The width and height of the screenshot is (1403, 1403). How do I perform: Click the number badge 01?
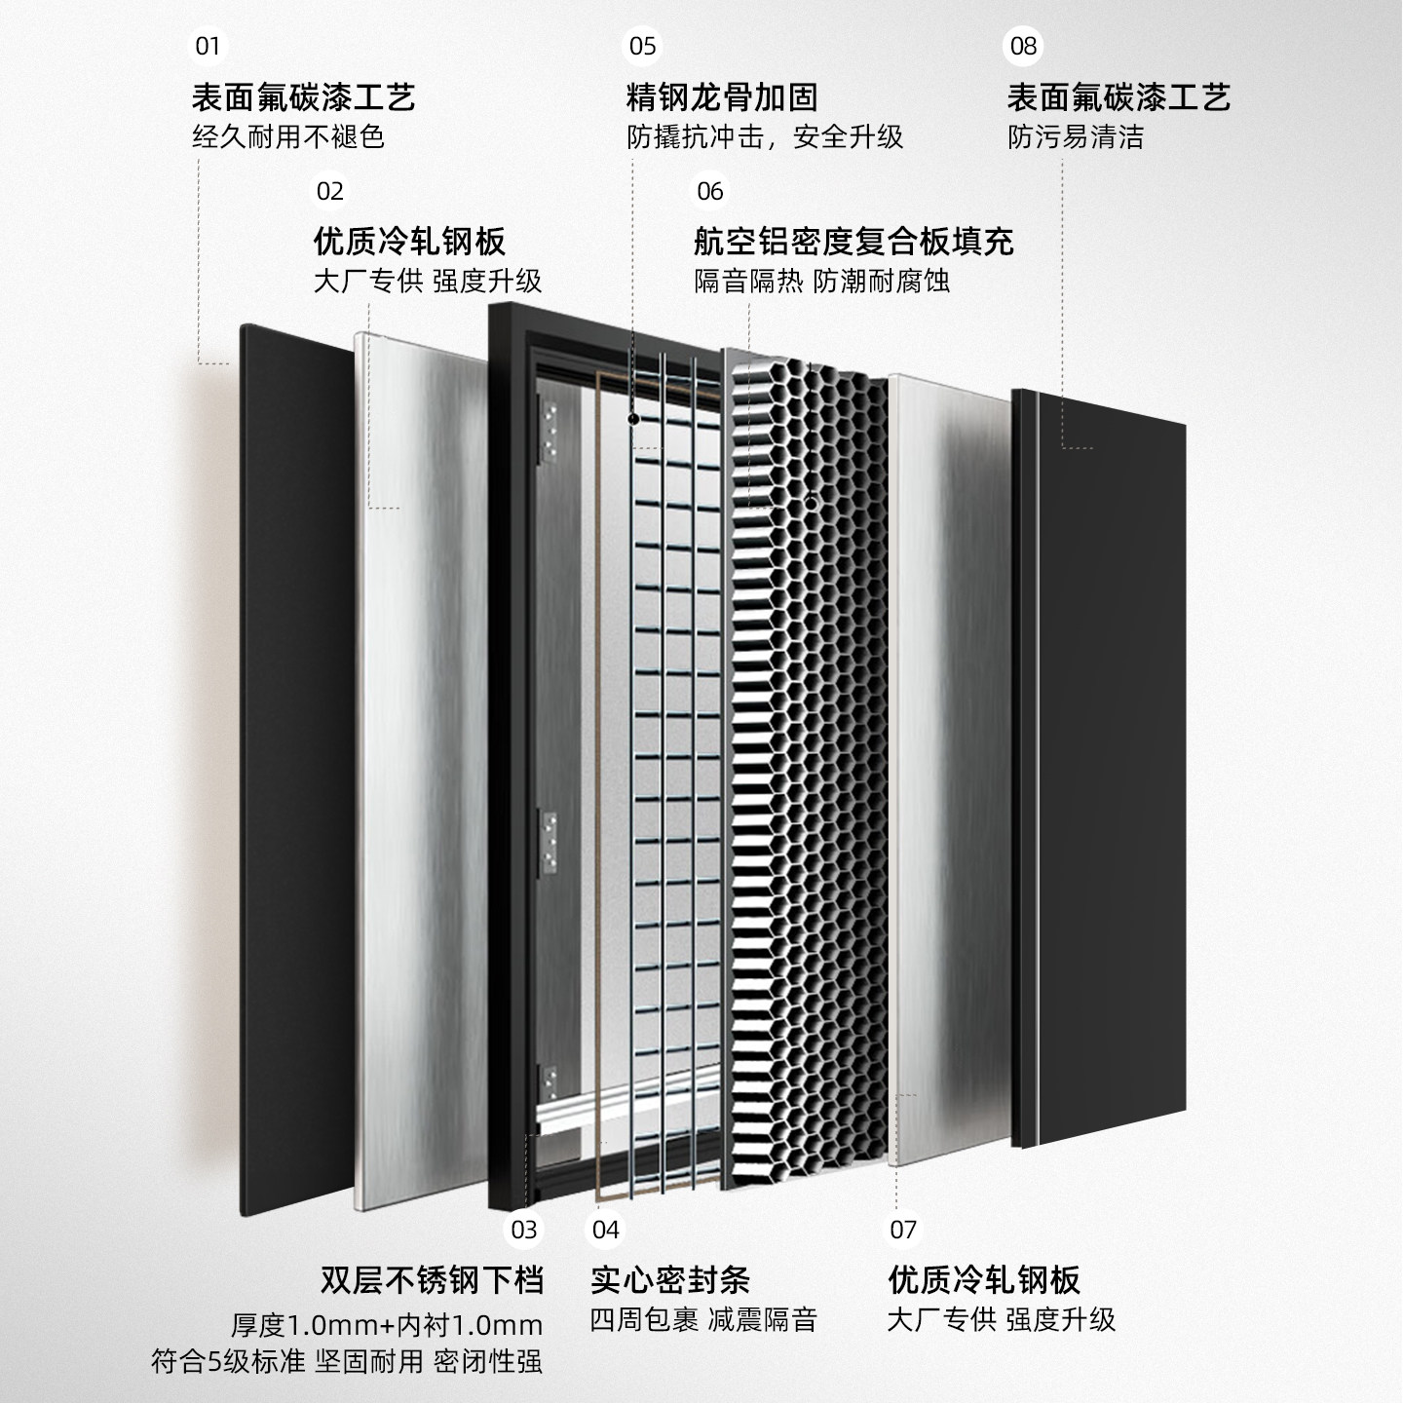pos(208,46)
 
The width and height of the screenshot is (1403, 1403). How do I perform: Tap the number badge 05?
pos(643,46)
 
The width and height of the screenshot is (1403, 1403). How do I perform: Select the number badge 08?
pos(1024,46)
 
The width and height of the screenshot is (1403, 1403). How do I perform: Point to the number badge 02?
pos(330,191)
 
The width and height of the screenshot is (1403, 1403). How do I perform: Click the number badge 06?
pos(710,191)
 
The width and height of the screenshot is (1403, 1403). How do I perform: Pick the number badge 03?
pos(524,1230)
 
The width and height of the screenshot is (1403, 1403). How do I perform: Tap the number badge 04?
pos(606,1230)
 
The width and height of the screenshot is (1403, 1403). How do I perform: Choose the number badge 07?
pos(903,1230)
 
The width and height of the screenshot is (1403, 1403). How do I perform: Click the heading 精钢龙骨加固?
pos(722,97)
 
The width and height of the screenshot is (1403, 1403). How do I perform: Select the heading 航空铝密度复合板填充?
pos(853,241)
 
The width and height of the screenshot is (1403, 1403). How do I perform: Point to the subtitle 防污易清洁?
pos(1076,137)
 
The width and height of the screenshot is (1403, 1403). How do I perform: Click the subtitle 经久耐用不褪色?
pos(288,137)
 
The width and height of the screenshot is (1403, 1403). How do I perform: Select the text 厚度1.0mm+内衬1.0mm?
pos(387,1325)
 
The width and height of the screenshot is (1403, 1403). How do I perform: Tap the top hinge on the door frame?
pos(549,428)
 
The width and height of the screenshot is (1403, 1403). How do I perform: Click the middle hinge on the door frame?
pos(549,839)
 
